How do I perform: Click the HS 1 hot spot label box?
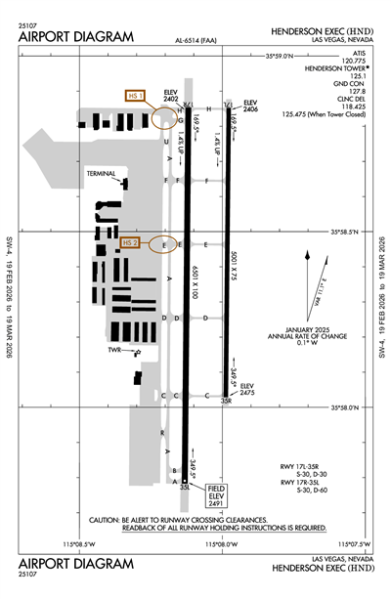135,96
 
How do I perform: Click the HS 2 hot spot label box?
131,241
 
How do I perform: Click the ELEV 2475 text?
247,389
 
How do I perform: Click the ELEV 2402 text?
170,96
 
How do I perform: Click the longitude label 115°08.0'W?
219,544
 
